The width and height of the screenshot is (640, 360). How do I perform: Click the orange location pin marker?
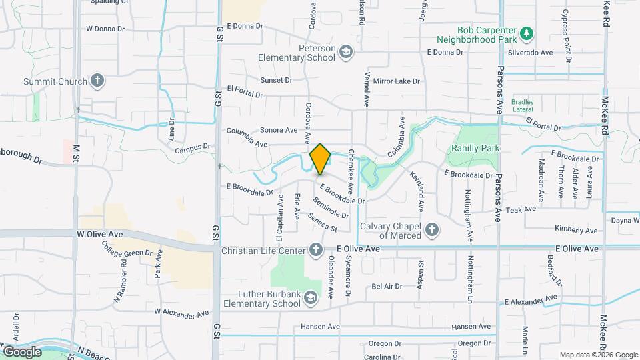click(320, 159)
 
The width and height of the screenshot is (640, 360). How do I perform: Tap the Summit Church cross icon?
click(98, 81)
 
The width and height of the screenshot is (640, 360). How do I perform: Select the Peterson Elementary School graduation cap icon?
click(345, 52)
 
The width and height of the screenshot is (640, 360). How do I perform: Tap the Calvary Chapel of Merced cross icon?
click(432, 231)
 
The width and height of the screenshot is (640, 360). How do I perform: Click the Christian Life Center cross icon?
click(316, 249)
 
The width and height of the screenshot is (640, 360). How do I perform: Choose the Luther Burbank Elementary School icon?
click(310, 299)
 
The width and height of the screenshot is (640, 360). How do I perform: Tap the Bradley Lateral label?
click(523, 105)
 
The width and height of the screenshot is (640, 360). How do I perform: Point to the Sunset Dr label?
click(276, 80)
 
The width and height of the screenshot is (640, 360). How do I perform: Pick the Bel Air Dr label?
click(387, 286)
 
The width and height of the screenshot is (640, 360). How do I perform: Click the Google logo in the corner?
click(22, 351)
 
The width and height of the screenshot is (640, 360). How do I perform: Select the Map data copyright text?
click(598, 355)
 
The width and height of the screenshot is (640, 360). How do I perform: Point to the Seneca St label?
click(323, 223)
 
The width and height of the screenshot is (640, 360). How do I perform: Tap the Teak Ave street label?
click(521, 209)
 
